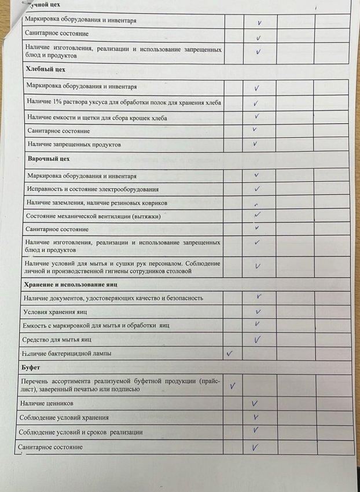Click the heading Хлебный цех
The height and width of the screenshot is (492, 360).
point(46,69)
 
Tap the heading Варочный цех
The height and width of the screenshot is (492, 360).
point(48,158)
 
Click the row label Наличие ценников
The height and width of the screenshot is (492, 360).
point(46,402)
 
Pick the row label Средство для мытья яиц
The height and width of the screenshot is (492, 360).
point(57,339)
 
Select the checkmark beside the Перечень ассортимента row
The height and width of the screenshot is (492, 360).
point(233,385)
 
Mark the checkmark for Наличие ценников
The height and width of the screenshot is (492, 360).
point(255,403)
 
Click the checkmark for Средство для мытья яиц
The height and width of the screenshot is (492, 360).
point(257,339)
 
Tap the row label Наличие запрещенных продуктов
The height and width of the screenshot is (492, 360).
point(74,144)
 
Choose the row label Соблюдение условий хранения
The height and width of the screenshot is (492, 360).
point(64,417)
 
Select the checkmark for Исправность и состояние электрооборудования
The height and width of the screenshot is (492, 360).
point(257,189)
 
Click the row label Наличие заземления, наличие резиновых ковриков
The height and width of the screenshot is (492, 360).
point(97,203)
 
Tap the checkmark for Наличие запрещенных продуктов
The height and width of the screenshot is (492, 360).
point(255,144)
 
